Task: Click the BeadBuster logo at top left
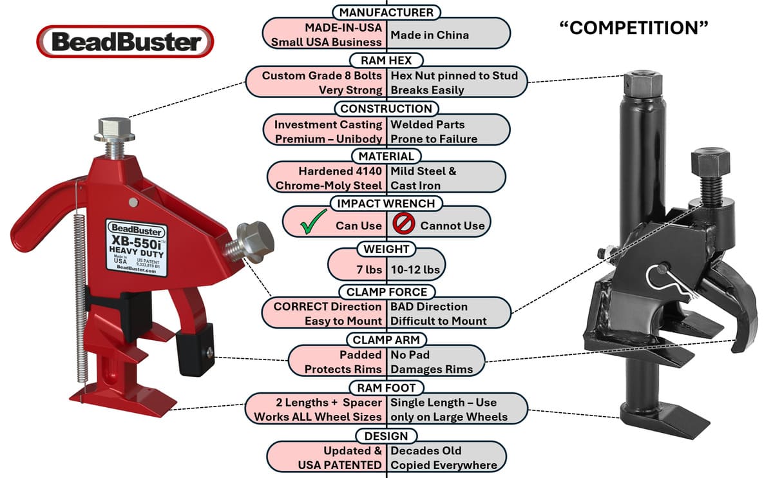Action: point(125,42)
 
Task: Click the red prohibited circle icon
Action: point(402,224)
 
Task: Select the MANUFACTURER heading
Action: point(386,12)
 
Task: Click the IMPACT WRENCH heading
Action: point(386,204)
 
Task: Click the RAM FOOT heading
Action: point(386,387)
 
